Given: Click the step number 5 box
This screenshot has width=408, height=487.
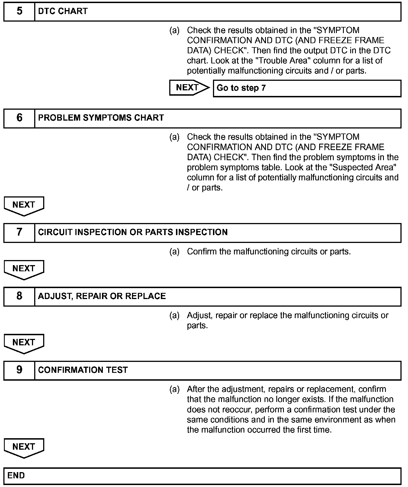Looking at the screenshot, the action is (x=19, y=12).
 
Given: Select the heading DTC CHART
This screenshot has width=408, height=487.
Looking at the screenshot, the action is (x=63, y=12).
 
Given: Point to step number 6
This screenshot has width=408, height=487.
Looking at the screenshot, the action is (x=19, y=118).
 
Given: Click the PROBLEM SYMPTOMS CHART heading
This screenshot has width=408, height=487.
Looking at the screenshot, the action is (x=101, y=118).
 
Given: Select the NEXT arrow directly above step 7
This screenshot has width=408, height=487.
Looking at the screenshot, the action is (x=24, y=206).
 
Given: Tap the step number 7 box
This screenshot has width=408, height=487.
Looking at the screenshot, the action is (x=19, y=232).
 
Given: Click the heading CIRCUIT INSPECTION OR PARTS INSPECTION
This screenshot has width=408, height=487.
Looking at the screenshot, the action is (x=133, y=232).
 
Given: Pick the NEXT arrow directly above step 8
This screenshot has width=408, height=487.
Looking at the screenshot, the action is (x=24, y=269).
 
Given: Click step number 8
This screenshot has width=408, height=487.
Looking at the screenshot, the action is (x=19, y=296).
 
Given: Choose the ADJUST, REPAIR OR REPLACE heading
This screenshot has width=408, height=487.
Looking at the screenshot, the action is (x=102, y=296).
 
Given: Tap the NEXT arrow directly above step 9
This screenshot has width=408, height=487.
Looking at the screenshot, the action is (x=24, y=343).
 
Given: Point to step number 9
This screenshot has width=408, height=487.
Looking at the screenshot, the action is (x=19, y=370).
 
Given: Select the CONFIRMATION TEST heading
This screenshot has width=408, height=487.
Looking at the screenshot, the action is (x=83, y=370).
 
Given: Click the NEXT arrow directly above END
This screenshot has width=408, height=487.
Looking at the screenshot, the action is (x=24, y=447).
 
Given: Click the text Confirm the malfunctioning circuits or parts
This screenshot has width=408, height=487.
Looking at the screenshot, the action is (x=269, y=252).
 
